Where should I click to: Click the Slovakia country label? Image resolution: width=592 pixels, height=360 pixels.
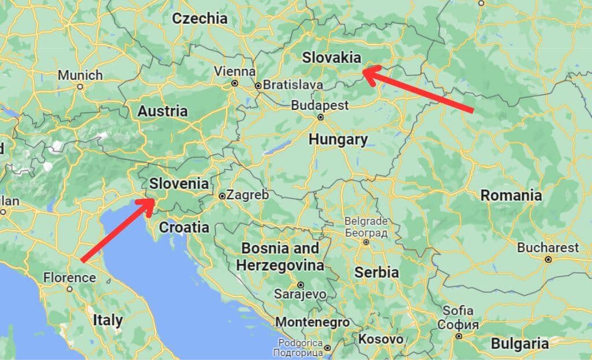click(x=332, y=58)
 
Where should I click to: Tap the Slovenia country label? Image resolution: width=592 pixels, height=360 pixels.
click(x=179, y=184)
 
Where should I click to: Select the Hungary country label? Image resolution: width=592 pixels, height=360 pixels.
click(x=338, y=139)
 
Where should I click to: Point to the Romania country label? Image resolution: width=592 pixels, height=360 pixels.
click(x=511, y=195)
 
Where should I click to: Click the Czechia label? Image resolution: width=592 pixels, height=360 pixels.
click(x=200, y=18)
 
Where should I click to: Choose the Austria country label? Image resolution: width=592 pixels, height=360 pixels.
click(x=162, y=111)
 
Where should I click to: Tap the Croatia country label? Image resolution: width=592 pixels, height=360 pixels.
click(x=184, y=227)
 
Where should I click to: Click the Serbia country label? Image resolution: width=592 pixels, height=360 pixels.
click(x=376, y=272)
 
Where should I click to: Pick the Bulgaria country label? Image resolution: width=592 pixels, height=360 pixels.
click(x=520, y=344)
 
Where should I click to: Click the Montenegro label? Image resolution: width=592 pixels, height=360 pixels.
click(x=312, y=322)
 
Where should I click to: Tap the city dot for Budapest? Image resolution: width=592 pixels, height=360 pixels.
click(x=320, y=117)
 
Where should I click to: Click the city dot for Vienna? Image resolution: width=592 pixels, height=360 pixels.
click(x=235, y=83)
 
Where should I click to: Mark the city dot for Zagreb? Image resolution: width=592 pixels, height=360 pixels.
click(x=222, y=196)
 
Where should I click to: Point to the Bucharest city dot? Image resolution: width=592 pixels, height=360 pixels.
click(x=548, y=259)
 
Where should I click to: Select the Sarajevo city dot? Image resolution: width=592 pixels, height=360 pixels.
click(x=301, y=284)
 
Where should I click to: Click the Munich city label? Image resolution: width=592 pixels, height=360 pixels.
click(x=80, y=75)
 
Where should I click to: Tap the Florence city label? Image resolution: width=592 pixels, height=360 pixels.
click(x=69, y=278)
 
